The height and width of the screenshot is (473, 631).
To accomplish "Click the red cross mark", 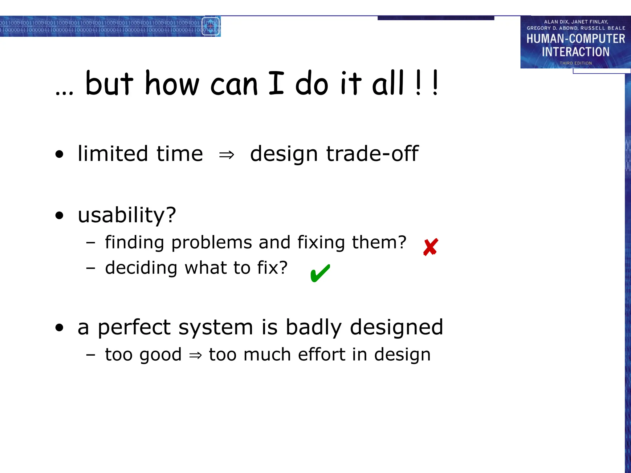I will [430, 247].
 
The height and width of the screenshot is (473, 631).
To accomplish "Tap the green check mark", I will [320, 273].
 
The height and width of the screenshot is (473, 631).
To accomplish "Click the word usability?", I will [127, 215].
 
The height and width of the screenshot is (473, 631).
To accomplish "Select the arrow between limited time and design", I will [226, 155].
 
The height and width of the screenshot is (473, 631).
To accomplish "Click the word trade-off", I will [372, 154].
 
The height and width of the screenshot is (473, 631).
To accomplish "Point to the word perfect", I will [134, 327].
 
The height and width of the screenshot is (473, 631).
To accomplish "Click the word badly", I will [313, 327].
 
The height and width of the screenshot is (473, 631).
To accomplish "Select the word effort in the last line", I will [321, 354].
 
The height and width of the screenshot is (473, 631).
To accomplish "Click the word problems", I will [212, 243].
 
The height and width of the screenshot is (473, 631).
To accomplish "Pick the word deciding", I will [141, 268].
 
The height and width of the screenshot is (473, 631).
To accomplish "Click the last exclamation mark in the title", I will [435, 83].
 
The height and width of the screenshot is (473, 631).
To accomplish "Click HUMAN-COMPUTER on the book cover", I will [576, 39].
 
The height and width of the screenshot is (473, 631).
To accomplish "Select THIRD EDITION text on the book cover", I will [576, 63].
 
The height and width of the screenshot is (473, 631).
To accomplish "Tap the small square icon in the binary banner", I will [211, 26].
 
